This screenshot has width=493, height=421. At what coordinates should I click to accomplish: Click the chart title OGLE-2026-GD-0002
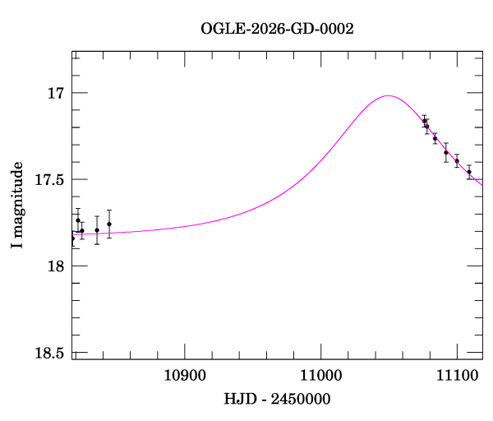(x=277, y=30)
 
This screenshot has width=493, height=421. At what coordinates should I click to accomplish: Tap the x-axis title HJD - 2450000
(x=277, y=399)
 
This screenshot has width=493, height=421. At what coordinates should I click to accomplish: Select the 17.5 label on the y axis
(x=49, y=179)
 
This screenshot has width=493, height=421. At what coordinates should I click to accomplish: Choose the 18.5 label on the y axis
(x=49, y=353)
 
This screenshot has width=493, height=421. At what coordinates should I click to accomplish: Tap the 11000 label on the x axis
(x=320, y=375)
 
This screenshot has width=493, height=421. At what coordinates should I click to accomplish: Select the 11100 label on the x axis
(x=457, y=375)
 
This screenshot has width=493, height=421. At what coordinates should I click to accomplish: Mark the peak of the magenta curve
(x=388, y=95)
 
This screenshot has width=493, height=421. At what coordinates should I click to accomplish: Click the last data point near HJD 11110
(x=469, y=173)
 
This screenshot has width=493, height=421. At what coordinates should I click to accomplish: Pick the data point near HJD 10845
(x=109, y=224)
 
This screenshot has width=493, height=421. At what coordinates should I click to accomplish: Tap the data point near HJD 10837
(x=97, y=230)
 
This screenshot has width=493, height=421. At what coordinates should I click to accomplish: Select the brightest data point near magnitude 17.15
(x=424, y=121)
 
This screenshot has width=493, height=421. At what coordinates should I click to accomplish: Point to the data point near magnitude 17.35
(x=446, y=153)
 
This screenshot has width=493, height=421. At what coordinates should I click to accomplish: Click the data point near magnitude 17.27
(x=435, y=139)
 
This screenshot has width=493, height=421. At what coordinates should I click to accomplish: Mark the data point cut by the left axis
(x=73, y=238)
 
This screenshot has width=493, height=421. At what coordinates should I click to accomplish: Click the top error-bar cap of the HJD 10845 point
(x=109, y=210)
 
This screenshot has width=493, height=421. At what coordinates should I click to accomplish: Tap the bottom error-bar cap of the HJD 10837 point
(x=97, y=244)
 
